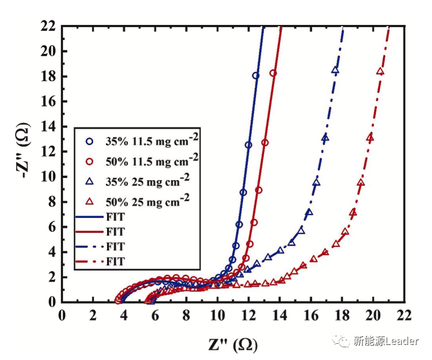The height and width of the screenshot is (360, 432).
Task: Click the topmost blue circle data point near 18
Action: click(256, 76)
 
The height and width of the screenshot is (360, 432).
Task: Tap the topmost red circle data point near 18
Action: click(273, 74)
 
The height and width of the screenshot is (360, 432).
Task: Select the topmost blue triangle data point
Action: click(335, 70)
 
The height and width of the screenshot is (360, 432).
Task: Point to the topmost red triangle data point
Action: click(380, 71)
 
